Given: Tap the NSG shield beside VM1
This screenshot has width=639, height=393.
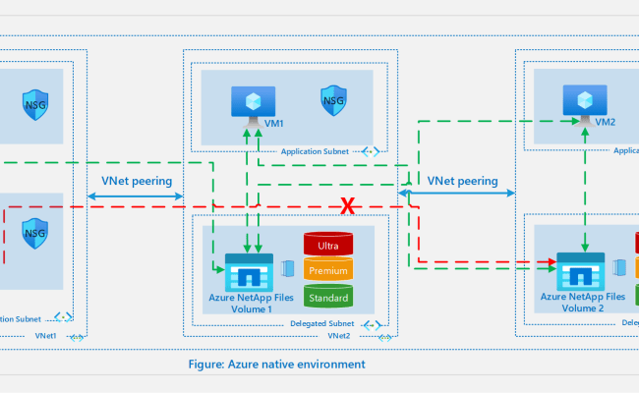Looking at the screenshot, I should [332, 99].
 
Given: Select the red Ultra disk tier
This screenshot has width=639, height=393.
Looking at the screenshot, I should [328, 245].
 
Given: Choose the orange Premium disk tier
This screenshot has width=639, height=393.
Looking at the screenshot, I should [328, 270].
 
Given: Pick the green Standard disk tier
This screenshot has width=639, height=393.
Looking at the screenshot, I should [328, 296].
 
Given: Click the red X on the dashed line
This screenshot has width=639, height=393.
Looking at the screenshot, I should [347, 206].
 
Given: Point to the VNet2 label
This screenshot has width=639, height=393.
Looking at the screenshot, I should [339, 336].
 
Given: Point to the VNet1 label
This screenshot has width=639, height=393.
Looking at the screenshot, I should [45, 336].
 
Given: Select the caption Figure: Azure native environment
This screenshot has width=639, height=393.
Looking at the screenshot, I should [276, 365].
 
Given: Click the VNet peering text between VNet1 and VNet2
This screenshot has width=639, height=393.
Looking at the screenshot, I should [137, 182].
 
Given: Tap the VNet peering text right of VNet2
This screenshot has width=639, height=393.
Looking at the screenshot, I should [462, 182].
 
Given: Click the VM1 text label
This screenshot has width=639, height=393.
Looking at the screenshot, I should [273, 125].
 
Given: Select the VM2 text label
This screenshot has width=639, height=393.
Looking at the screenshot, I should [606, 123].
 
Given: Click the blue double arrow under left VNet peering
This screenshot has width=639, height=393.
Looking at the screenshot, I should [136, 197].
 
